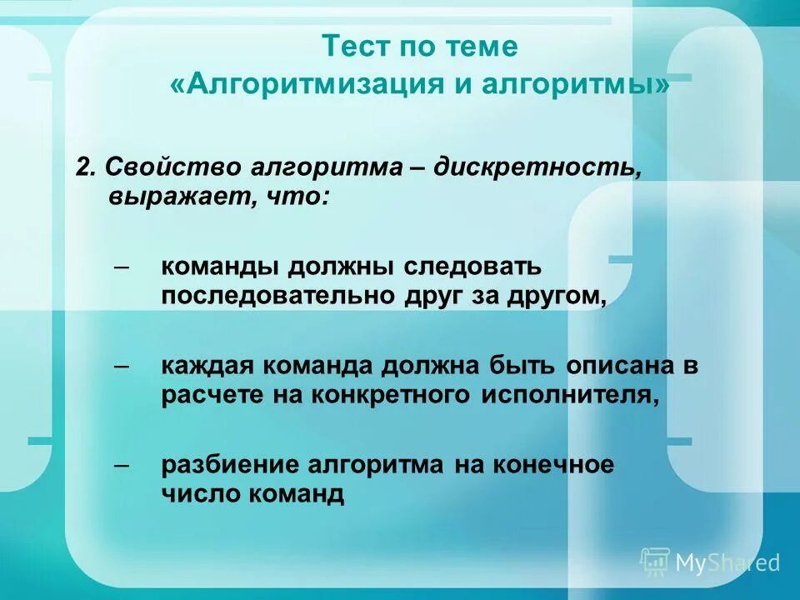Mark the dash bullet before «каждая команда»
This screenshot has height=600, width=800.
pyautogui.click(x=122, y=364)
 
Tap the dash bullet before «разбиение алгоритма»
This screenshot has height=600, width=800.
pyautogui.click(x=122, y=463)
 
